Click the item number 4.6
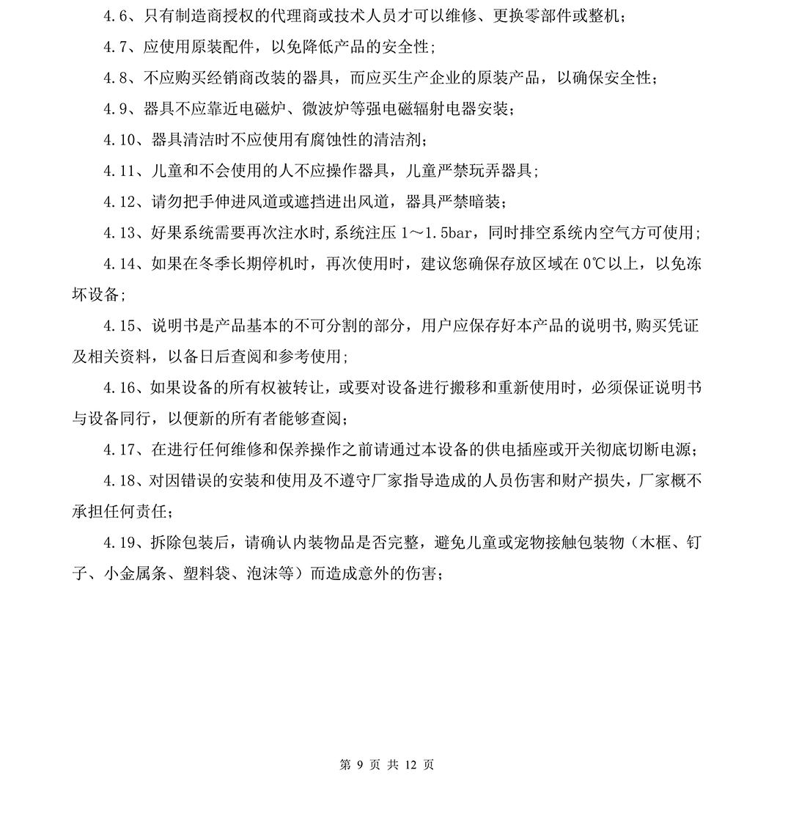pyautogui.click(x=116, y=17)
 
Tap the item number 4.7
pyautogui.click(x=116, y=48)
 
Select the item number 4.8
pyautogui.click(x=116, y=78)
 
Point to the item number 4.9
pyautogui.click(x=116, y=109)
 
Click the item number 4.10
pyautogui.click(x=120, y=140)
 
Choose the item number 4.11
pyautogui.click(x=120, y=171)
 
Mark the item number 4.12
pyautogui.click(x=120, y=202)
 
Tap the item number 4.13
pyautogui.click(x=120, y=232)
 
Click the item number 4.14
pyautogui.click(x=120, y=263)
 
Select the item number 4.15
pyautogui.click(x=120, y=326)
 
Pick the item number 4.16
pyautogui.click(x=120, y=387)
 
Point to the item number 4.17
pyautogui.click(x=120, y=450)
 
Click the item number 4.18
pyautogui.click(x=120, y=480)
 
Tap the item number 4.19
pyautogui.click(x=120, y=543)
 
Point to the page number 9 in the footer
pyautogui.click(x=359, y=765)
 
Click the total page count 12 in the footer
pyautogui.click(x=410, y=765)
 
